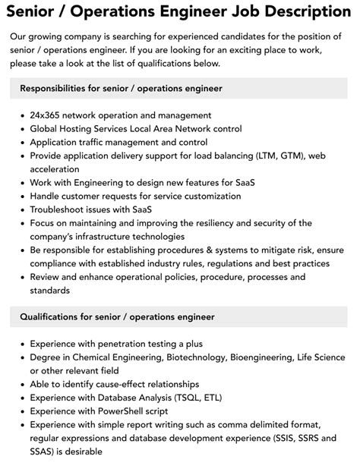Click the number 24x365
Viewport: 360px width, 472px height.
(x=49, y=115)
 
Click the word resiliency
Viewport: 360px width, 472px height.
(x=211, y=223)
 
